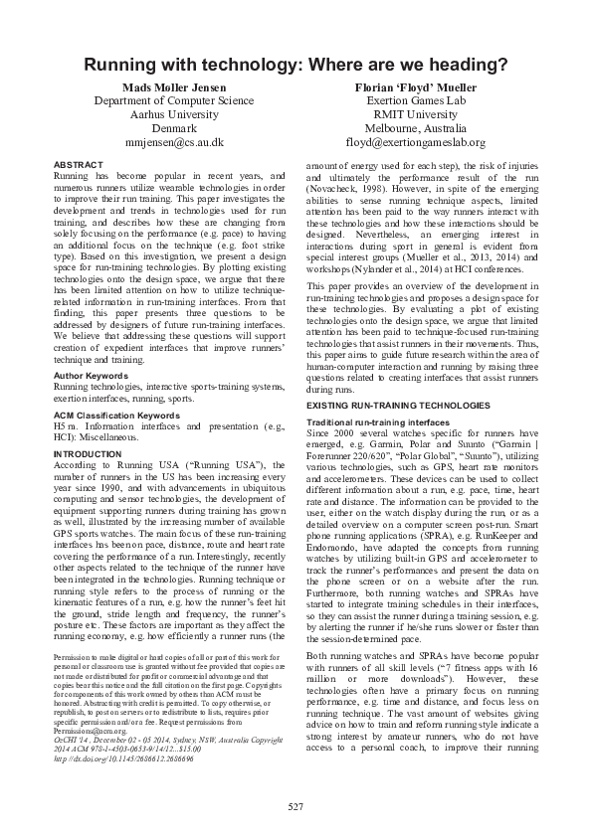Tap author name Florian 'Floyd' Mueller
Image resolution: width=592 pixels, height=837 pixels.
(x=415, y=87)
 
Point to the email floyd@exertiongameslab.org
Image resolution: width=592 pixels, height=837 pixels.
(x=415, y=142)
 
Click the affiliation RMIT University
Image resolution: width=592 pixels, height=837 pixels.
(x=415, y=114)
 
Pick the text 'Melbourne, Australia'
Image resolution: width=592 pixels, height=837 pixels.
(x=415, y=128)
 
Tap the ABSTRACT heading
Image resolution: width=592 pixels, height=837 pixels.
(x=77, y=163)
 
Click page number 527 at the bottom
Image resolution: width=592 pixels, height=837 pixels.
(x=296, y=804)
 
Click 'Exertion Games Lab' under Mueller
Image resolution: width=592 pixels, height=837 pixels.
(x=415, y=101)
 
